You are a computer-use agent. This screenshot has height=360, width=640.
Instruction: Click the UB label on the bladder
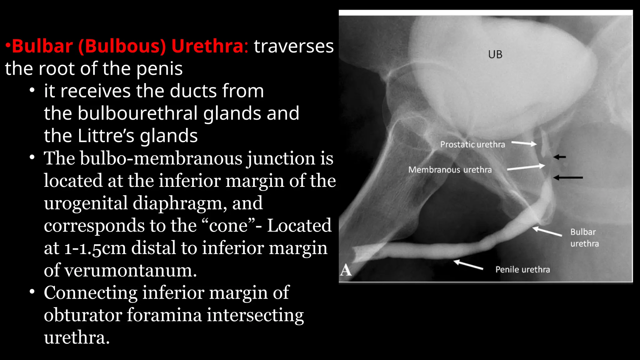coord(495,55)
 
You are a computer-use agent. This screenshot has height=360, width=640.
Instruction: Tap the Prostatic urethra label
coord(472,144)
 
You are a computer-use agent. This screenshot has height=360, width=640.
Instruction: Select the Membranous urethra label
coord(450,170)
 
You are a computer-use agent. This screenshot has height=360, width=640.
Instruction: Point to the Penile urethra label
coord(522,269)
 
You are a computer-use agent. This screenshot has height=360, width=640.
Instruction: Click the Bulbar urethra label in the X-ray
coord(584,237)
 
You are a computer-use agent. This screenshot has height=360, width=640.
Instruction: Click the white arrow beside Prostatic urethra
coord(524,143)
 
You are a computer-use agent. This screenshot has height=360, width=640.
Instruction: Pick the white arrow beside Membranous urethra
coord(526,167)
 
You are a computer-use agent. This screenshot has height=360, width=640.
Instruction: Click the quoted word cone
coord(228,226)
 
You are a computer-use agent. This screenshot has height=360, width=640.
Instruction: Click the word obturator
coord(83,315)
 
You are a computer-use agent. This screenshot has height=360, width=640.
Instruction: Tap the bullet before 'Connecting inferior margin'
coord(32,292)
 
